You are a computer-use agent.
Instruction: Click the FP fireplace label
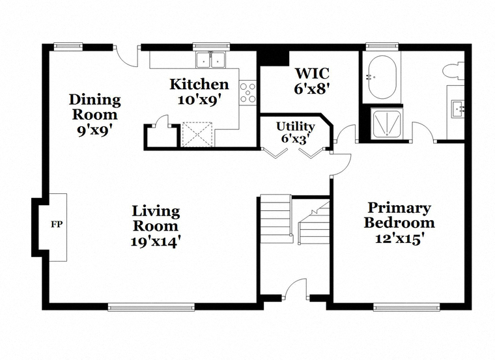tap(57, 225)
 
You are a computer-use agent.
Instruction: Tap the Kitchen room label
tap(199, 84)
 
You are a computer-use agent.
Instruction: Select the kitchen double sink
tap(210, 60)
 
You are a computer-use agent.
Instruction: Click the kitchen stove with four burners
tap(247, 92)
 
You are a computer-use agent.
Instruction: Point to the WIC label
tap(312, 73)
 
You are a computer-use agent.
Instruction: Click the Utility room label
tap(296, 126)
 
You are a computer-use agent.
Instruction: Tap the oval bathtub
tap(382, 77)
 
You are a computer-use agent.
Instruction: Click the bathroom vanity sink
tap(458, 109)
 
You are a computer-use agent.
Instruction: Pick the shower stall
tap(387, 124)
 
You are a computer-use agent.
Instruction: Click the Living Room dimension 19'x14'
tap(155, 242)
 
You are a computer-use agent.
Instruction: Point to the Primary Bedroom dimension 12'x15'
tap(399, 238)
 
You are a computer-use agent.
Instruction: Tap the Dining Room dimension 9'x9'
tap(94, 130)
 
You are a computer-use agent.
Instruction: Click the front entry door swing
tap(296, 288)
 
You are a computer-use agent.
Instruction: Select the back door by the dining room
tap(126, 56)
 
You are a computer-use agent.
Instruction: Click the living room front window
tap(151, 307)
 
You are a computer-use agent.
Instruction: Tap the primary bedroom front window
tap(406, 307)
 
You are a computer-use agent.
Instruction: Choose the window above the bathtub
tap(382, 47)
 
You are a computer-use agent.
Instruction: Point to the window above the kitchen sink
tap(211, 46)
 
